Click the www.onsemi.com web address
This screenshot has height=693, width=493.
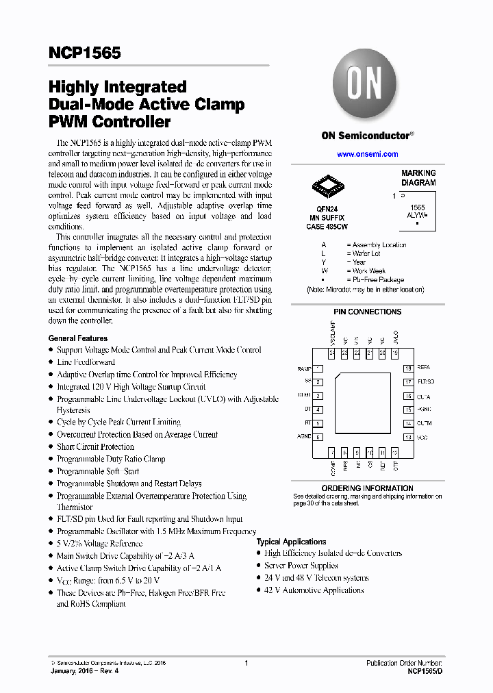[367, 154]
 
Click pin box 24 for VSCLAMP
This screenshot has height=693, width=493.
[332, 353]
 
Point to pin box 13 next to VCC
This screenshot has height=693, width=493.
[408, 437]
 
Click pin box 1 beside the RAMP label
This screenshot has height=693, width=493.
[318, 369]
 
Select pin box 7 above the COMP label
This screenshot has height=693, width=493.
[332, 452]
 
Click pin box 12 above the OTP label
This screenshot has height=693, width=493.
[394, 452]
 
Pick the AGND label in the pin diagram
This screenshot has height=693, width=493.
[303, 437]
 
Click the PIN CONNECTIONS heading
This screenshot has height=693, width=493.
[367, 312]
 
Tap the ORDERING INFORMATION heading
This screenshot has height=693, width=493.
[367, 488]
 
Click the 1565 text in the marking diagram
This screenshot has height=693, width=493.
[417, 207]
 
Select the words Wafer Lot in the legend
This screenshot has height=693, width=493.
[366, 253]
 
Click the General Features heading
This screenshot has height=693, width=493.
[77, 338]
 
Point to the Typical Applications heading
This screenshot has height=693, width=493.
[291, 542]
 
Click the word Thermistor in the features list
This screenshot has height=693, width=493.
[75, 507]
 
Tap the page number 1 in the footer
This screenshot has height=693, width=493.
[246, 663]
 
